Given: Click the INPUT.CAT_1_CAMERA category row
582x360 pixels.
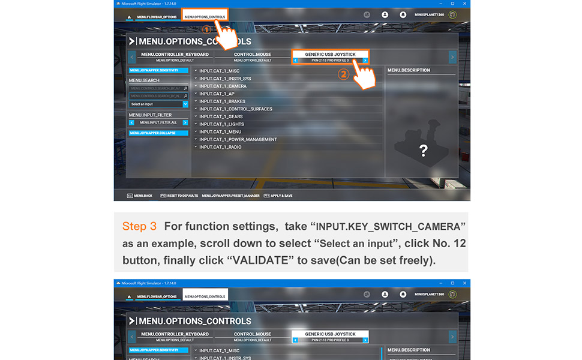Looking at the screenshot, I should click(x=223, y=86).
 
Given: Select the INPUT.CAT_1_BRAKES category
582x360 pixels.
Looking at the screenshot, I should click(x=222, y=101).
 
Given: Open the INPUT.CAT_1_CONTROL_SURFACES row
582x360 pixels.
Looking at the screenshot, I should click(x=235, y=109).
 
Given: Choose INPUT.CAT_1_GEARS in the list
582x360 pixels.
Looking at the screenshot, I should click(x=221, y=116).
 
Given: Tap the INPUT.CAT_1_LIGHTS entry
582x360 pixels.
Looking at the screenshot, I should click(x=221, y=124).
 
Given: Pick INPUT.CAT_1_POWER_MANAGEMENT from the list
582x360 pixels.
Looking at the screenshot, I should click(x=238, y=139).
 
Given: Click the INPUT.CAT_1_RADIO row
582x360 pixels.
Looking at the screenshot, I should click(x=221, y=147).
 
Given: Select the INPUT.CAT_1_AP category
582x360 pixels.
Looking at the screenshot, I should click(x=217, y=94).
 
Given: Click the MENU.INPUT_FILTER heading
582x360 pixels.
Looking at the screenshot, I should click(x=150, y=115).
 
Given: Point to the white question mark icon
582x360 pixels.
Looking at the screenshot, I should click(x=423, y=151).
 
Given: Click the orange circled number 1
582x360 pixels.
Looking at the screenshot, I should click(x=206, y=29).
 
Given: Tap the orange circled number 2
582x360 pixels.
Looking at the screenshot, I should click(x=343, y=75).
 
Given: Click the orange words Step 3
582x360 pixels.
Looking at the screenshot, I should click(x=139, y=227).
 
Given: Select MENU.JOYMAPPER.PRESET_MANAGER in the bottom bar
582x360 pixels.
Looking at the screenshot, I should click(x=231, y=196).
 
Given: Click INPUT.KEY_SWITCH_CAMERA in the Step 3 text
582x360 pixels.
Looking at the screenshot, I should click(x=388, y=227).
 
